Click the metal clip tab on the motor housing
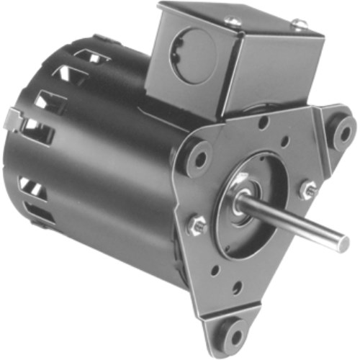pyautogui.click(x=14, y=116)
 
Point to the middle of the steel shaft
pyautogui.click(x=295, y=223)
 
